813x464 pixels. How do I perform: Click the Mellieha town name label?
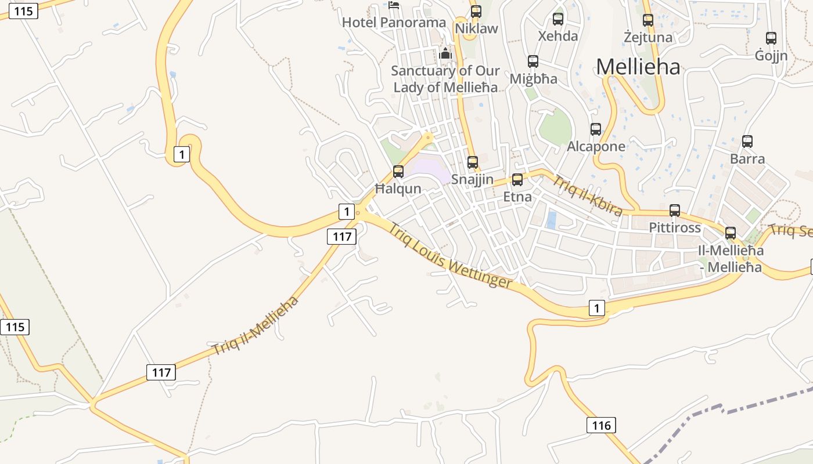pyautogui.click(x=638, y=67)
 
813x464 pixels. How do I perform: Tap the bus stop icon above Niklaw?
pyautogui.click(x=476, y=11)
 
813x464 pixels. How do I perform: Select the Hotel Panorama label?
pyautogui.click(x=394, y=23)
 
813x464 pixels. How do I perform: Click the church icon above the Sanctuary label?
pyautogui.click(x=445, y=54)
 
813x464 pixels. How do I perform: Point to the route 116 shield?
pyautogui.click(x=600, y=426)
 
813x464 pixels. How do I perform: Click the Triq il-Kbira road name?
pyautogui.click(x=587, y=195)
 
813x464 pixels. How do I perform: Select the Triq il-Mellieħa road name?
pyautogui.click(x=255, y=325)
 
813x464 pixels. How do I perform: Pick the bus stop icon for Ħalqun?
pyautogui.click(x=398, y=171)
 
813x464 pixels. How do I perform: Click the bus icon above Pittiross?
pyautogui.click(x=674, y=211)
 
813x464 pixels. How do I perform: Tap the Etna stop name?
pyautogui.click(x=517, y=197)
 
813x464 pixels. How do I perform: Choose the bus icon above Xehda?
pyautogui.click(x=558, y=19)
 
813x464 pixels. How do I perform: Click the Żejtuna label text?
pyautogui.click(x=647, y=38)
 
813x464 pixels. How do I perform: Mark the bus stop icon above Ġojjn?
pyautogui.click(x=771, y=38)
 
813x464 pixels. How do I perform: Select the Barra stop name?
pyautogui.click(x=747, y=159)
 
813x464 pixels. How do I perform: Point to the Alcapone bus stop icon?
pyautogui.click(x=595, y=129)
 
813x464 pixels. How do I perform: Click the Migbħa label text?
pyautogui.click(x=533, y=78)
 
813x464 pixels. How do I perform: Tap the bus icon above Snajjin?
pyautogui.click(x=473, y=162)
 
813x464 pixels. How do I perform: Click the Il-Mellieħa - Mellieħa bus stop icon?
pyautogui.click(x=730, y=233)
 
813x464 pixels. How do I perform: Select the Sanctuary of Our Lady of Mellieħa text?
pyautogui.click(x=445, y=79)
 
